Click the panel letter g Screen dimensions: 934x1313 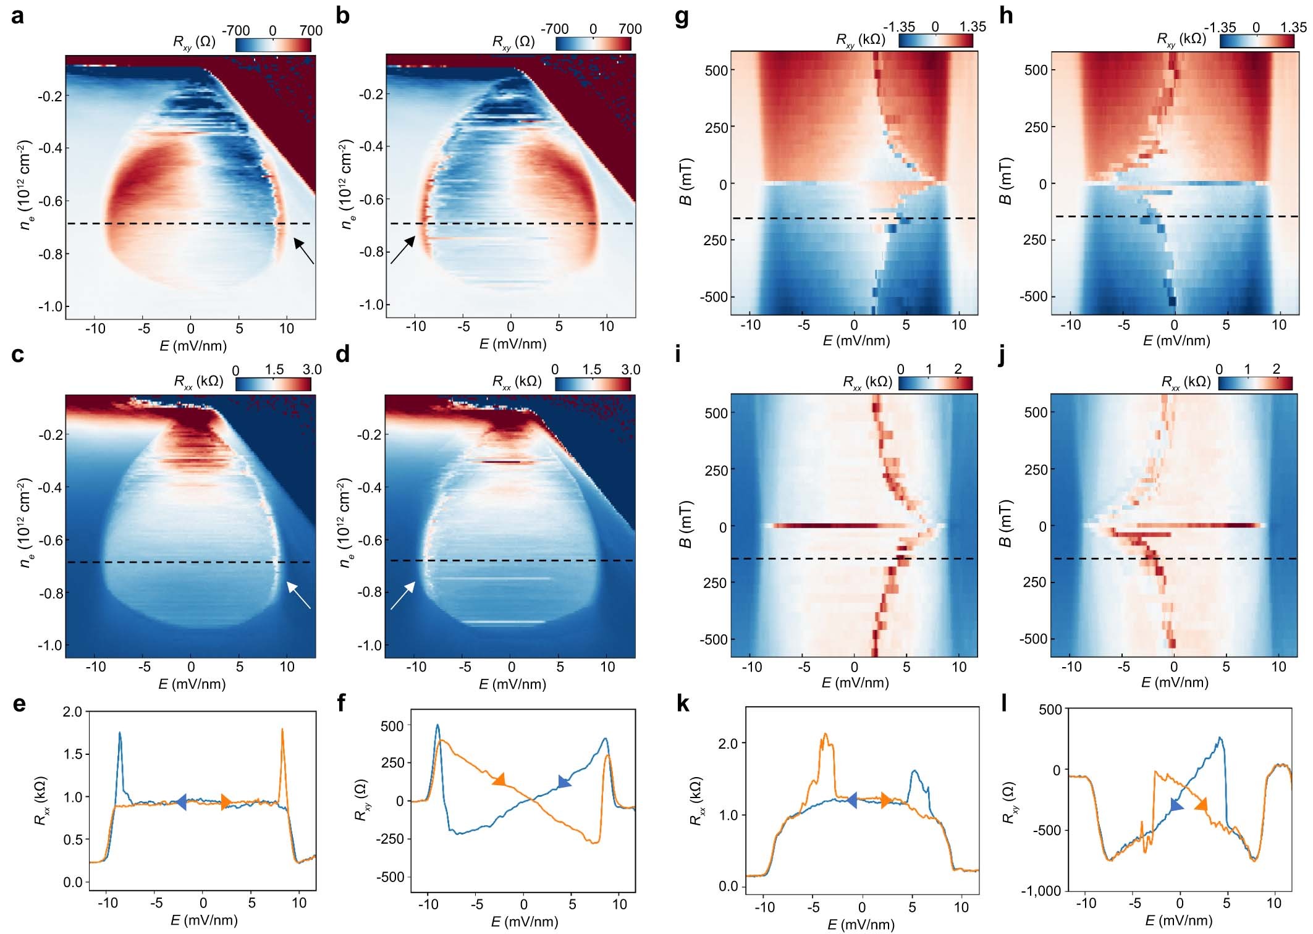[682, 16]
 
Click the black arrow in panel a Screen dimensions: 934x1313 [303, 251]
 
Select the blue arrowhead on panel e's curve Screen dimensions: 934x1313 [181, 802]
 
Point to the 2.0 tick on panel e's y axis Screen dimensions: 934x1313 [72, 712]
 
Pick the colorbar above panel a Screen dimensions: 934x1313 [273, 44]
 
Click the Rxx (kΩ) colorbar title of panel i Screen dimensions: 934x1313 [868, 382]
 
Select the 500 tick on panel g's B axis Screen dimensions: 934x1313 [716, 70]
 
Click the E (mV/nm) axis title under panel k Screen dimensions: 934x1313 [861, 924]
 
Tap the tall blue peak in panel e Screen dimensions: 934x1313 [119, 734]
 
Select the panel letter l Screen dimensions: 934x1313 [1003, 703]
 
